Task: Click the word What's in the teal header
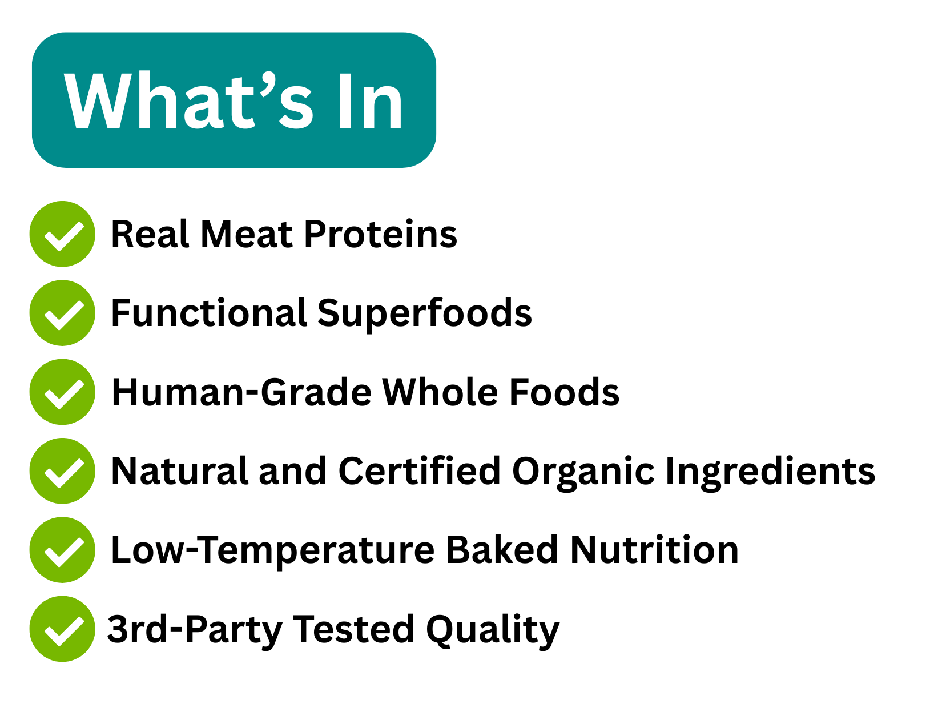coord(188,100)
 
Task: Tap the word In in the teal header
coord(371,101)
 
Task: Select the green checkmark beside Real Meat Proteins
coord(62,234)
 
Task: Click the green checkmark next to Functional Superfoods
coord(62,313)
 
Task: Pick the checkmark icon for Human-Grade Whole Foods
coord(62,392)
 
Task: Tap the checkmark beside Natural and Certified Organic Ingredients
coord(62,471)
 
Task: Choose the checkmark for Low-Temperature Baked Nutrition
coord(62,550)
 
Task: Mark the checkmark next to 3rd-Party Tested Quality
coord(62,629)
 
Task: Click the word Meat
coord(247,234)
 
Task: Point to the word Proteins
coord(381,234)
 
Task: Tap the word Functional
coord(209,313)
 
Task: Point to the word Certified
coord(420,471)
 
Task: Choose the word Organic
coord(583,473)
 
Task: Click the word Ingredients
coord(770,473)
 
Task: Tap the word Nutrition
coord(655,550)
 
